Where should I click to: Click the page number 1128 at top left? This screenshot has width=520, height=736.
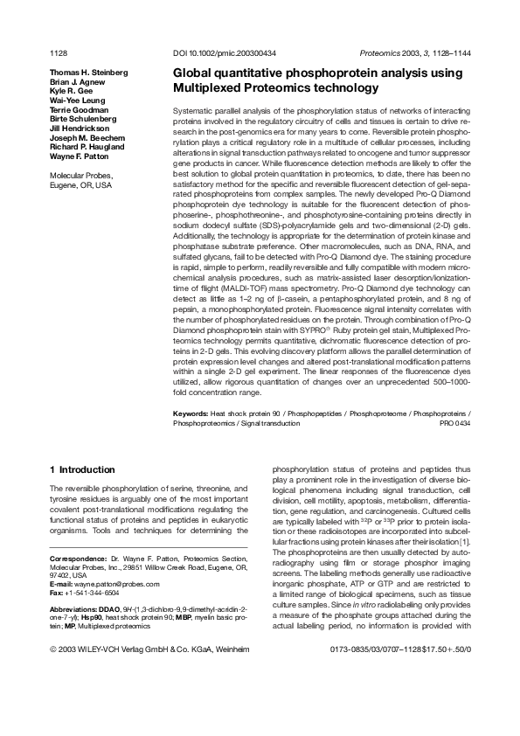59,54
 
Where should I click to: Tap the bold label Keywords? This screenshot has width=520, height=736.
191,412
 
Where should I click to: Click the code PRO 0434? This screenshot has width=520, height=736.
454,422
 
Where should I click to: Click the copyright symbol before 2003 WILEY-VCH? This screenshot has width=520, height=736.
53,650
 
